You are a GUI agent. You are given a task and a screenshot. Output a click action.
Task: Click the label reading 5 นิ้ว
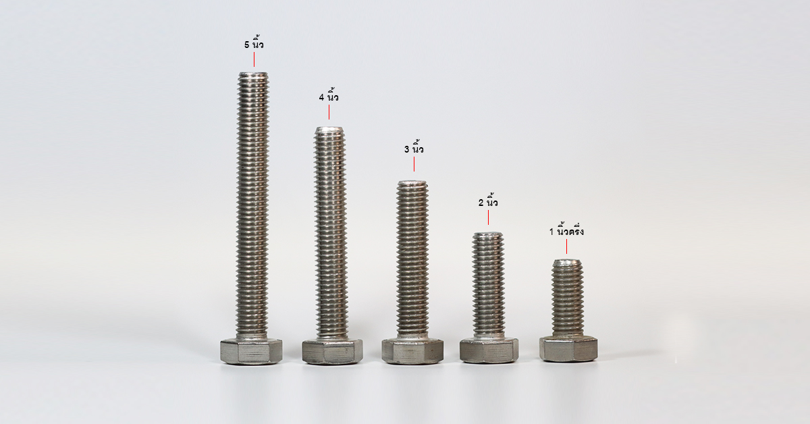click(x=254, y=44)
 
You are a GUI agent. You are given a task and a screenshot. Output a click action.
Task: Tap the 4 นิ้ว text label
click(x=329, y=97)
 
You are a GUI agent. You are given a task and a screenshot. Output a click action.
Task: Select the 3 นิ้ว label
click(x=414, y=149)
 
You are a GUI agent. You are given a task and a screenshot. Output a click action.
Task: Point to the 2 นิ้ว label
click(x=488, y=202)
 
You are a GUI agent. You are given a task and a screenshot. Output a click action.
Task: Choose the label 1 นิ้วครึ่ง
click(x=566, y=231)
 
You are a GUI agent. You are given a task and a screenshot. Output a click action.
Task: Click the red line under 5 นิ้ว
click(x=254, y=59)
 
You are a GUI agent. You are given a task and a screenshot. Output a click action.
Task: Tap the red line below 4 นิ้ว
click(x=329, y=112)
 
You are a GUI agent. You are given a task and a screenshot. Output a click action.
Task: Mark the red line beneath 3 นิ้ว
click(x=414, y=164)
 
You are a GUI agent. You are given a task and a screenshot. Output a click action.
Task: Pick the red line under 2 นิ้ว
click(x=488, y=217)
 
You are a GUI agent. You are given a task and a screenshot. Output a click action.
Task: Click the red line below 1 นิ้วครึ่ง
click(x=566, y=246)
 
